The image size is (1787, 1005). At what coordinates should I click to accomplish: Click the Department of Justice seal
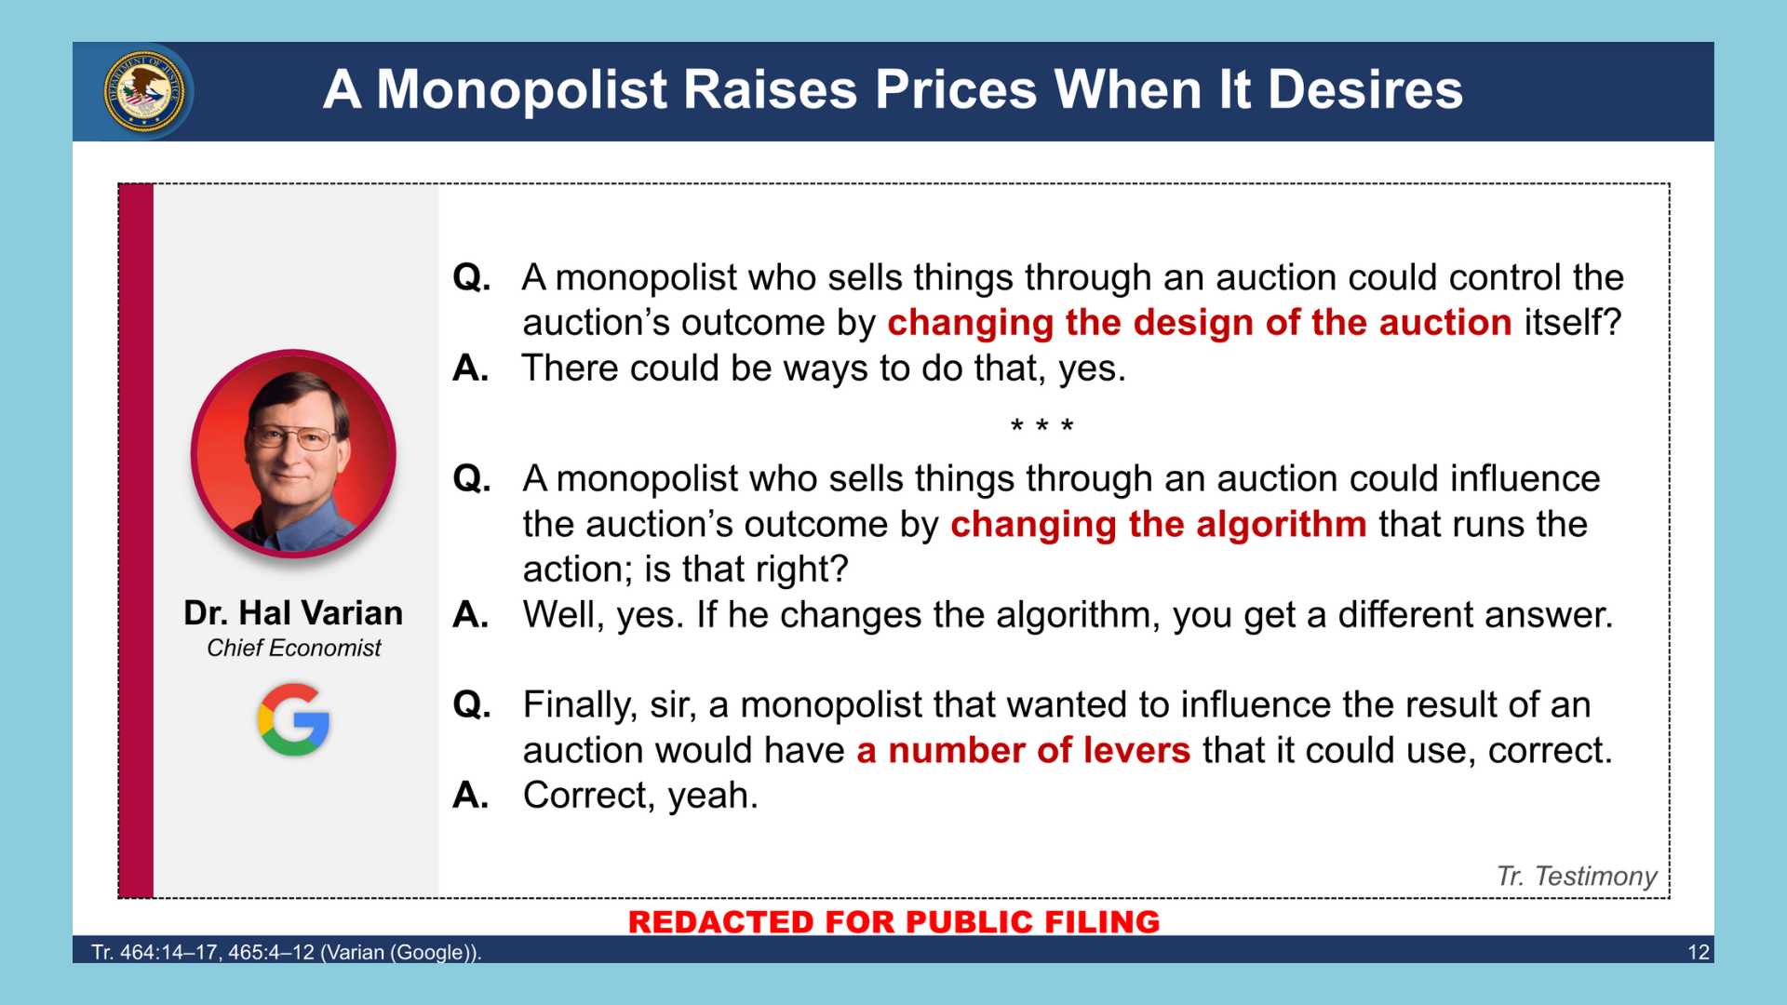tap(143, 91)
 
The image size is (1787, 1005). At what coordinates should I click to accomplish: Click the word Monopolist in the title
tap(522, 89)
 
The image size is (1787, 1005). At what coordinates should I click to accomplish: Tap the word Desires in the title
tap(1365, 89)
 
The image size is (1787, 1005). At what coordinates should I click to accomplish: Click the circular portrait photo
tap(293, 454)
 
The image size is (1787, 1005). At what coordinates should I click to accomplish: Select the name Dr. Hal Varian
tap(293, 612)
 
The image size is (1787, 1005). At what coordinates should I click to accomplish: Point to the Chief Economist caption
tap(293, 648)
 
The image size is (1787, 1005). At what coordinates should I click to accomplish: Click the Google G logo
tap(293, 719)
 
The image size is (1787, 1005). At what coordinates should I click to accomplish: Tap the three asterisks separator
tap(1042, 426)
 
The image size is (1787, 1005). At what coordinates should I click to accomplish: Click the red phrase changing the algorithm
tap(1158, 524)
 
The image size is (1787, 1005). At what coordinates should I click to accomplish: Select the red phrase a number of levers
tap(1023, 750)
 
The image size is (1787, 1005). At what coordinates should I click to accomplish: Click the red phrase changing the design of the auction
tap(1199, 323)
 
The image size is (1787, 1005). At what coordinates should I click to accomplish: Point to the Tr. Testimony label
tap(1577, 876)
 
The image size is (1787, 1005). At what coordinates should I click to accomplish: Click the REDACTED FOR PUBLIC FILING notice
tap(893, 921)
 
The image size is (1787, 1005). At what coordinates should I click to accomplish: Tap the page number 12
tap(1699, 952)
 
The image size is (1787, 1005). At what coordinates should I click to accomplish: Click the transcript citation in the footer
tap(287, 952)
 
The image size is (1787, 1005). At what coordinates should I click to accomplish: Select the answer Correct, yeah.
tap(640, 796)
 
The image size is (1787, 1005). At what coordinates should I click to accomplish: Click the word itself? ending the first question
tap(1573, 323)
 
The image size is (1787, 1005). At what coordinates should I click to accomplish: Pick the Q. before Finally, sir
tap(472, 704)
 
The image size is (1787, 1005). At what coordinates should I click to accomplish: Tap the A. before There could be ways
tap(471, 368)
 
